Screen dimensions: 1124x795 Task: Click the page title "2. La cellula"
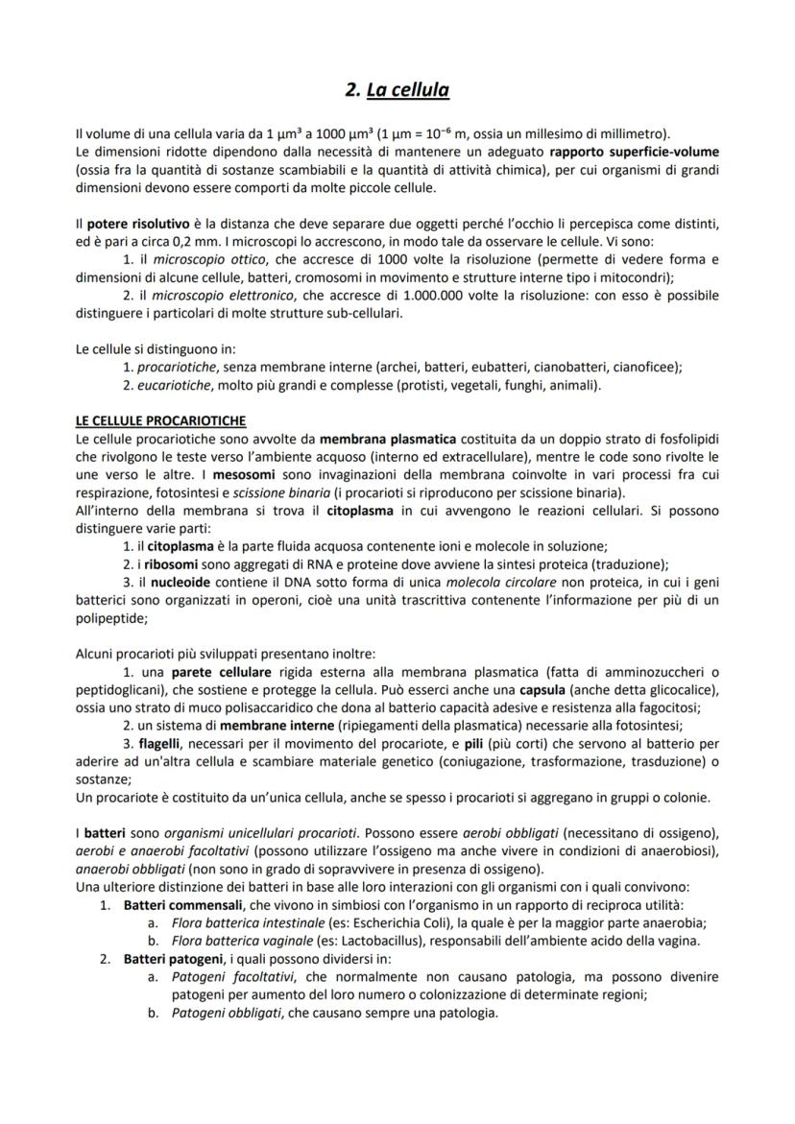pos(397,90)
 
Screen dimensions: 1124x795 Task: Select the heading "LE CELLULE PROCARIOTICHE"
pos(160,420)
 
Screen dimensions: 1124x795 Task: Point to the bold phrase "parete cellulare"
pos(220,671)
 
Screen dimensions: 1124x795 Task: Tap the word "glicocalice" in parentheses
pos(679,689)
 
